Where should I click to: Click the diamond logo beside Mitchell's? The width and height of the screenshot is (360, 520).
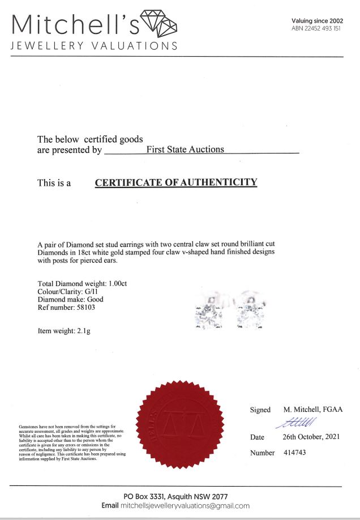point(158,23)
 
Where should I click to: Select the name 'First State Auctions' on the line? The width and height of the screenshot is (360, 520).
point(185,150)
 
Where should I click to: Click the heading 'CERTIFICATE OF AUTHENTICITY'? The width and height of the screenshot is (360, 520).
point(176,182)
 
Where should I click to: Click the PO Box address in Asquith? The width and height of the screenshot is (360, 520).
point(181,496)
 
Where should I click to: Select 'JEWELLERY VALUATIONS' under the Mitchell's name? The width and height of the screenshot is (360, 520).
point(94,45)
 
